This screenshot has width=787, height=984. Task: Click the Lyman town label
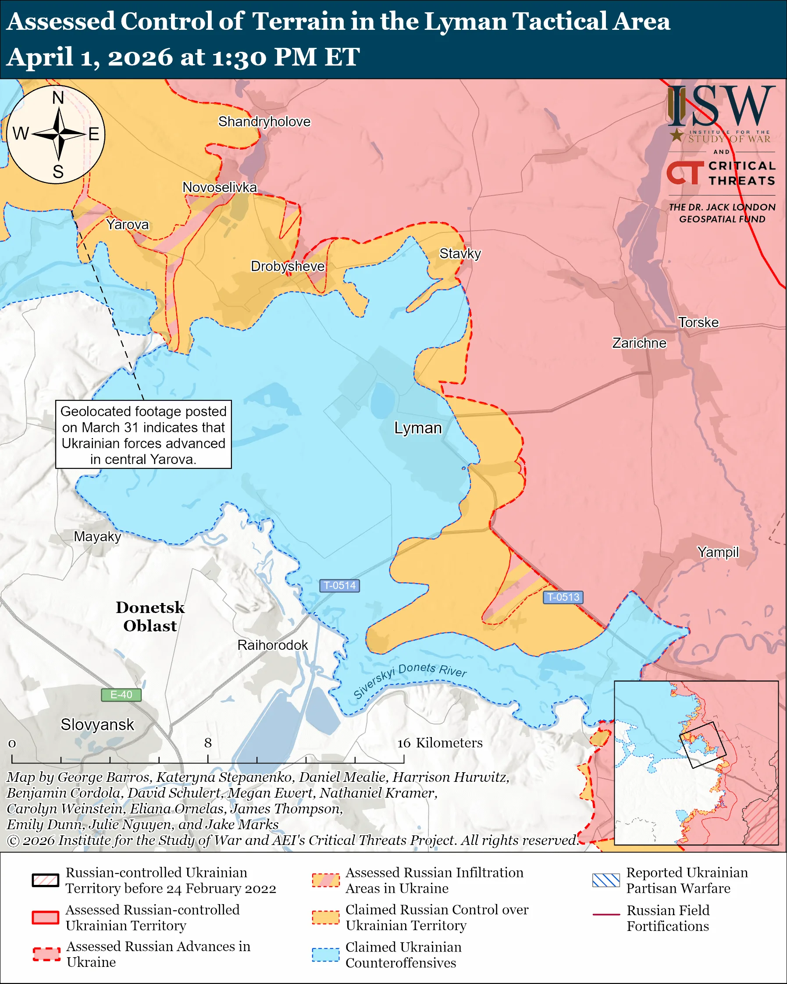418,428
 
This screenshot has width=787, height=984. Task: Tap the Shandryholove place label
264,122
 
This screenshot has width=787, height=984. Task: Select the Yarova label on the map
127,225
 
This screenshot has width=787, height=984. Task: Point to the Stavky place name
460,254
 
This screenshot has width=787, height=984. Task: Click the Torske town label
698,323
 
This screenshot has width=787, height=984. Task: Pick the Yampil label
718,552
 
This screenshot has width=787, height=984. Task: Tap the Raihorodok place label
272,645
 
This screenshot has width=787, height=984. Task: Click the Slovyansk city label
97,725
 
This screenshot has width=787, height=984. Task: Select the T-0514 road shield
339,585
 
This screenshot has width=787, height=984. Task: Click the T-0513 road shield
563,597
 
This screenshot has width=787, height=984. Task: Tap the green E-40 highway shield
121,695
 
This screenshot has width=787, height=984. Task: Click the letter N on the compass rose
58,98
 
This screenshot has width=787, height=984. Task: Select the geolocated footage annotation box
143,435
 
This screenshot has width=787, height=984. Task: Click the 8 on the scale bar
207,743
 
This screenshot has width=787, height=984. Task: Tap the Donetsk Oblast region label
150,617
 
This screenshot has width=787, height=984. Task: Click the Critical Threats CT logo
684,173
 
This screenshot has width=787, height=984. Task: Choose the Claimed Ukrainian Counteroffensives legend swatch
326,954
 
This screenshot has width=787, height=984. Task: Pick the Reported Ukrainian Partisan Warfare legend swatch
606,881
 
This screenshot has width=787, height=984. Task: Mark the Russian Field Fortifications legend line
606,915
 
